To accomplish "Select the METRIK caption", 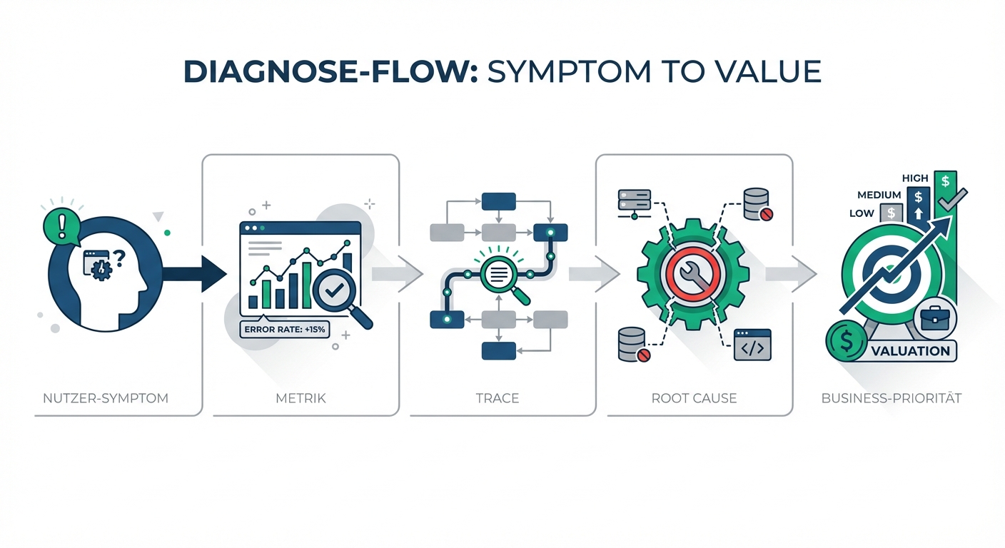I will tap(301, 398).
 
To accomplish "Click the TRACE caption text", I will tap(498, 398).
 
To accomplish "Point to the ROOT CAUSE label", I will tap(695, 398).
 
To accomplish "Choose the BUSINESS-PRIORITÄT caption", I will tap(891, 398).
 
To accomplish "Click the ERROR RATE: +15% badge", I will tap(285, 330).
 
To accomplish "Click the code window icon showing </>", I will tap(753, 345).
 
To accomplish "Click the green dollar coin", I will tap(847, 343).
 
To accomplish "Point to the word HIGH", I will tap(915, 178).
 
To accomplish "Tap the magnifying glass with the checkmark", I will tap(333, 293).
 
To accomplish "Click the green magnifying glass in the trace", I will tap(502, 275).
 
